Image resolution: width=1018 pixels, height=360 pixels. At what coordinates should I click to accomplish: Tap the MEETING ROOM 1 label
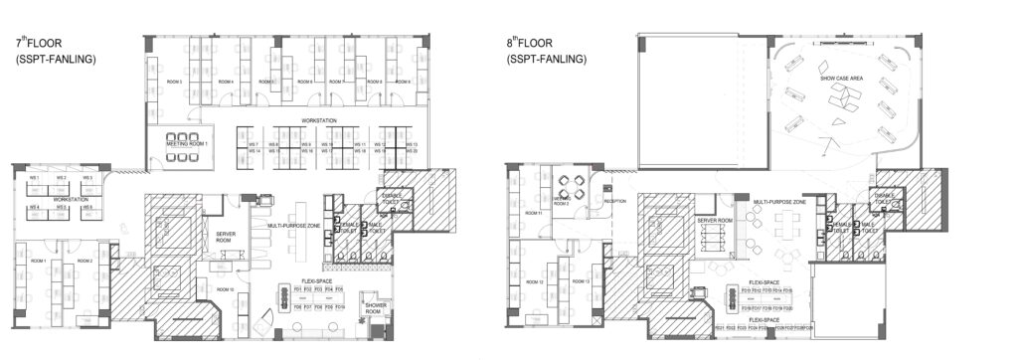pyautogui.click(x=189, y=145)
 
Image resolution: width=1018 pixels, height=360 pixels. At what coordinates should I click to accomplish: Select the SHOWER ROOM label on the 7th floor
pyautogui.click(x=377, y=309)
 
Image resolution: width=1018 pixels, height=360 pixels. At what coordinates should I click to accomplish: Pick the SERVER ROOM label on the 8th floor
pyautogui.click(x=715, y=219)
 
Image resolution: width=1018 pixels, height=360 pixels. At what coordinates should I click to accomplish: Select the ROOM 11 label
pyautogui.click(x=533, y=213)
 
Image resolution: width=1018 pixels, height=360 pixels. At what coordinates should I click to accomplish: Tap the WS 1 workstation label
pyautogui.click(x=34, y=178)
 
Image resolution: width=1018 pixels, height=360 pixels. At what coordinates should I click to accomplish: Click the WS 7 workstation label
pyautogui.click(x=254, y=145)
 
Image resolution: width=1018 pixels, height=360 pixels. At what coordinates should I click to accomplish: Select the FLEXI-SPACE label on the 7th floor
pyautogui.click(x=315, y=282)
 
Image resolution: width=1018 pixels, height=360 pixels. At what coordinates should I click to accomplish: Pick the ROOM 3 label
pyautogui.click(x=175, y=82)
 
